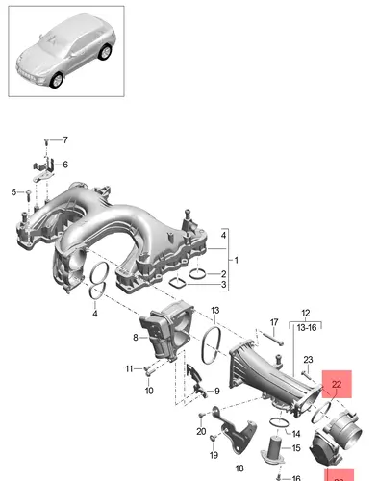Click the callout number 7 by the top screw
[x=65, y=140]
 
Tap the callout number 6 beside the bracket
[x=65, y=165]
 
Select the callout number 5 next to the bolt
[x=13, y=192]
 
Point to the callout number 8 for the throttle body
[x=136, y=338]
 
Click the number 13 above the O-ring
[x=215, y=310]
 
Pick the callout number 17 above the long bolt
[x=274, y=322]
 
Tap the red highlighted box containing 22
[x=337, y=384]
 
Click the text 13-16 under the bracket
[x=307, y=327]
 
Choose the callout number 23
[x=308, y=360]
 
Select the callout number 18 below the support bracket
[x=239, y=468]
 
